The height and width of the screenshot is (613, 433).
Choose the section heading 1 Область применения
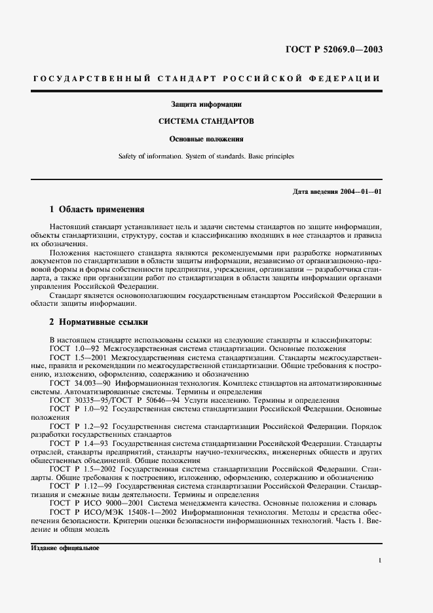pyautogui.click(x=96, y=210)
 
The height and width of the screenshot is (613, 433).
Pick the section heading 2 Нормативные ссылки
pyautogui.click(x=99, y=322)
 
